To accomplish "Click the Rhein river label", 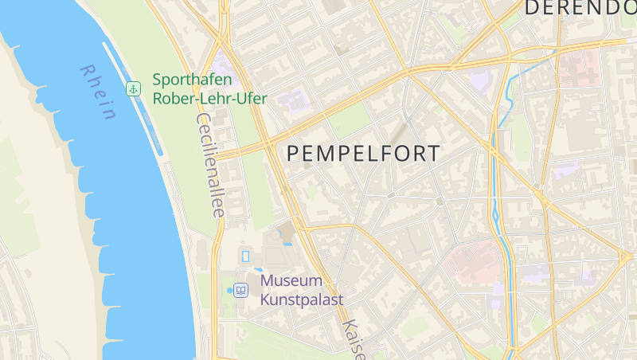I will tap(98, 92).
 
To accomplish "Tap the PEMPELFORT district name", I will tap(362, 154).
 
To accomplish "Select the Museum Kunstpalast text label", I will tap(301, 290).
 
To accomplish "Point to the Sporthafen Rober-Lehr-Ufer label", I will tap(209, 89).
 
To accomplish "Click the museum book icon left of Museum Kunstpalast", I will tap(241, 289).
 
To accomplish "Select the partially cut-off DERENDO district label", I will tap(580, 9).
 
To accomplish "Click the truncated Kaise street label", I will tap(352, 338).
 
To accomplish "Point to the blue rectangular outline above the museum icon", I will tap(245, 256).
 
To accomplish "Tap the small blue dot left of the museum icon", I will tap(230, 290).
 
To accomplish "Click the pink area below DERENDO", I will tap(576, 68).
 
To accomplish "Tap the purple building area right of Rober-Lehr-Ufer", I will tap(294, 101).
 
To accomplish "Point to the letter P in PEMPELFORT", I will tap(293, 154).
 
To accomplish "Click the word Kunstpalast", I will tap(301, 299).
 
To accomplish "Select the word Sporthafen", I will tap(192, 80).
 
